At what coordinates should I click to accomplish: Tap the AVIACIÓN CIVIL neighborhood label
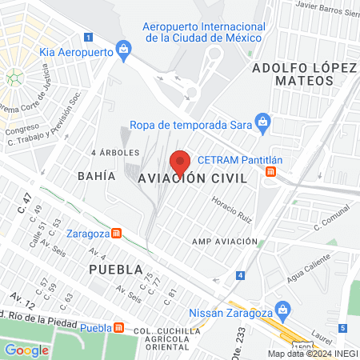click(x=200, y=178)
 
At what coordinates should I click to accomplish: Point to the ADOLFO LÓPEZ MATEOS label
click(x=302, y=74)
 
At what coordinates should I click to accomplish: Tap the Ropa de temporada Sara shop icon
click(x=263, y=123)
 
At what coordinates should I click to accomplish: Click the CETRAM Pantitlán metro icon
click(x=273, y=170)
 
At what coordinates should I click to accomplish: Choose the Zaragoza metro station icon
click(x=117, y=234)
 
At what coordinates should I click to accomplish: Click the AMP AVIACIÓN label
click(x=225, y=241)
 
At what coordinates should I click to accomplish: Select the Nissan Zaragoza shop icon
click(x=281, y=308)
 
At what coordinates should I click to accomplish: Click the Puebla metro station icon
click(x=119, y=327)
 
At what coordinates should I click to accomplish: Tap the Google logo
click(x=27, y=350)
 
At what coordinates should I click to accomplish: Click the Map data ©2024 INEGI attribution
click(x=313, y=354)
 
